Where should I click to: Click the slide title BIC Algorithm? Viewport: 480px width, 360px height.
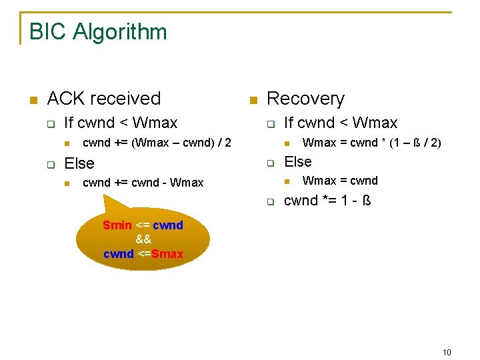pyautogui.click(x=98, y=32)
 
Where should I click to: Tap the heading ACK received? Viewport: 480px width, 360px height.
pyautogui.click(x=104, y=99)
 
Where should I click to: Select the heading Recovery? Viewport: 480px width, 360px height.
pyautogui.click(x=305, y=99)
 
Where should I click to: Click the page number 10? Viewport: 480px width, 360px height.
pyautogui.click(x=446, y=352)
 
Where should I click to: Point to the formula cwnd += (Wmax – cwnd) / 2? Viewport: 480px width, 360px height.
pyautogui.click(x=157, y=143)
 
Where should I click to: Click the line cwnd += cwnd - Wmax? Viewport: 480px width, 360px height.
pyautogui.click(x=143, y=183)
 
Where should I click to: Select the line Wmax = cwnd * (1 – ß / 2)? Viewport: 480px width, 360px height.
pyautogui.click(x=371, y=143)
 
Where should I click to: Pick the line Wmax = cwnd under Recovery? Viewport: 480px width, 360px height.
pyautogui.click(x=340, y=181)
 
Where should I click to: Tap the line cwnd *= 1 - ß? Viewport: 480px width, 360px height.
pyautogui.click(x=327, y=201)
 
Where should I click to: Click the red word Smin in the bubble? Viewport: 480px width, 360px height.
pyautogui.click(x=117, y=225)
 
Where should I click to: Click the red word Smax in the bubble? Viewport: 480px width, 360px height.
pyautogui.click(x=167, y=254)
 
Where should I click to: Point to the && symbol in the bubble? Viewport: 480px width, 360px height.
pyautogui.click(x=143, y=239)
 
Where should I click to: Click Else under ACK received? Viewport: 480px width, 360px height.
pyautogui.click(x=79, y=163)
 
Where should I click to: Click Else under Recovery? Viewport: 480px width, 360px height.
pyautogui.click(x=298, y=161)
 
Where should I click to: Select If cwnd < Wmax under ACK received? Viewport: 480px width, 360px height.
pyautogui.click(x=121, y=123)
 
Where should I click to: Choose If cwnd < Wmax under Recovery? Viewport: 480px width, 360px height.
pyautogui.click(x=341, y=123)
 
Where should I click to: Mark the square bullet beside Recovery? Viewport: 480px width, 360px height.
pyautogui.click(x=253, y=100)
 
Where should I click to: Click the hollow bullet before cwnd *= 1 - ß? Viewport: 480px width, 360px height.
pyautogui.click(x=271, y=201)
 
